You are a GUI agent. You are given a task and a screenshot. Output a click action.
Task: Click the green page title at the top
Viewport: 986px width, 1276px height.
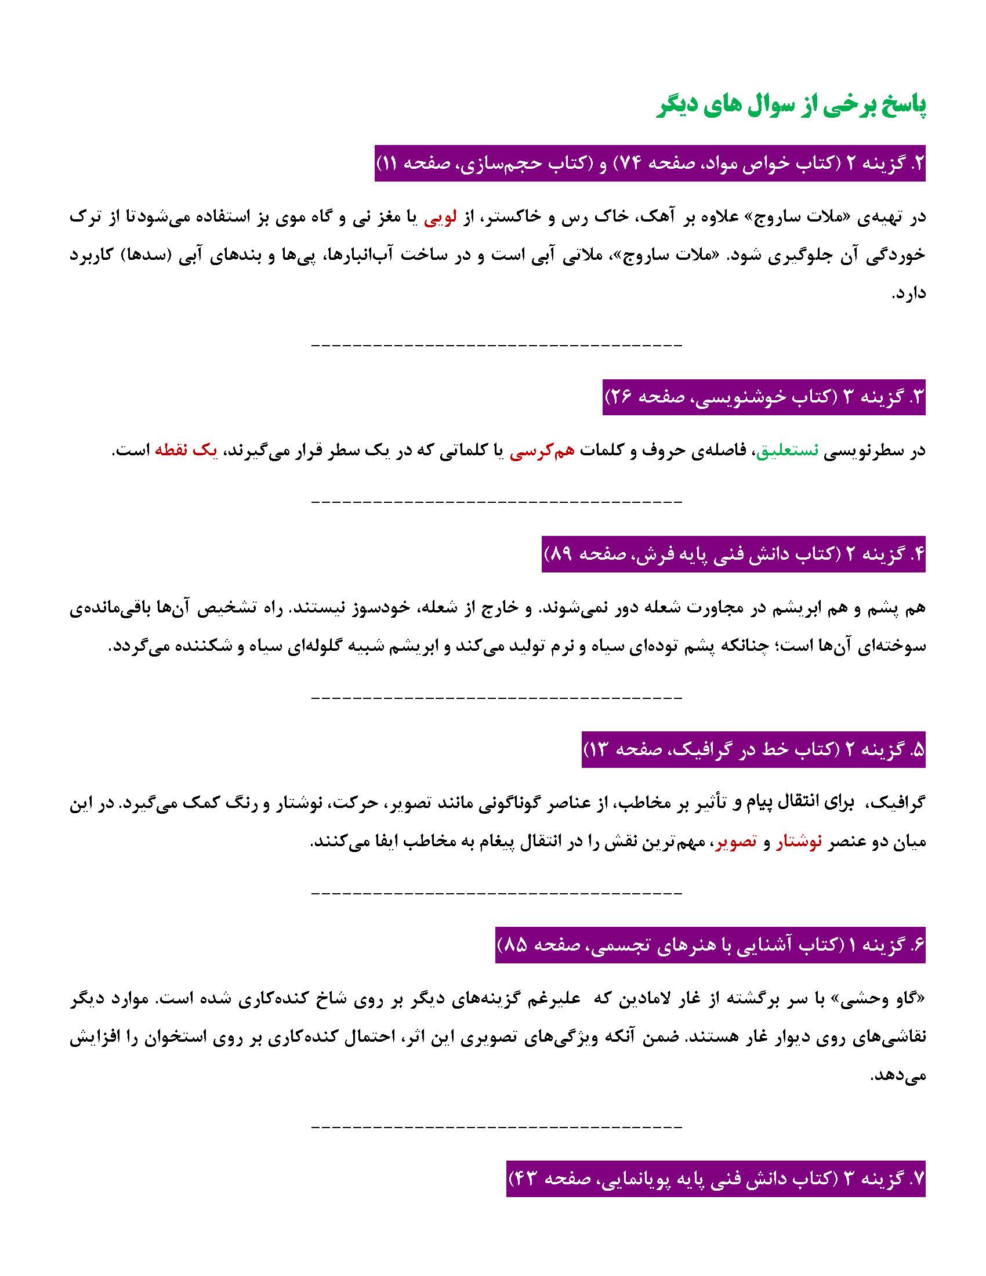(x=791, y=107)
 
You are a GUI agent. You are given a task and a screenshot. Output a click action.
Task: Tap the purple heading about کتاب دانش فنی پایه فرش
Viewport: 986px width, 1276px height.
(x=733, y=554)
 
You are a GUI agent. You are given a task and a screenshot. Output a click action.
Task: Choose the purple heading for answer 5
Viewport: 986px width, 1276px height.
(x=753, y=749)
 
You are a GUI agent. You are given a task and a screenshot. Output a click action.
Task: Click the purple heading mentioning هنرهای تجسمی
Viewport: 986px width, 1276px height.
(x=710, y=944)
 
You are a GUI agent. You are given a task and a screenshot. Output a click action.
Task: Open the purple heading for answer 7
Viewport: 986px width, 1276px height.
(x=716, y=1179)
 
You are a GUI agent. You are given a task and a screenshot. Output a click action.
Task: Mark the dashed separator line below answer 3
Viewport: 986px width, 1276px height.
(x=496, y=501)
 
